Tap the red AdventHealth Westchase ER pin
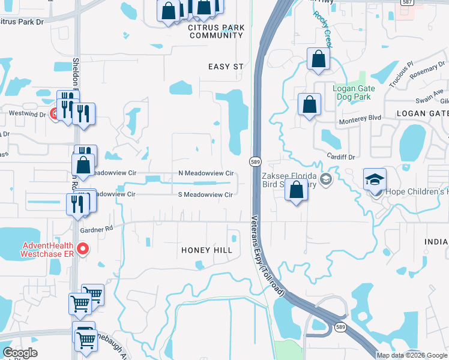[83, 248]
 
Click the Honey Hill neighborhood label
[206, 250]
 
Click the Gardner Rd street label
[96, 229]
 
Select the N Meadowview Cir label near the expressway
[205, 173]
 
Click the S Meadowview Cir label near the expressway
[205, 194]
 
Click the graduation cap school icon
[375, 179]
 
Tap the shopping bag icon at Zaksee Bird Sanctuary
[296, 190]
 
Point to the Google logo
[20, 353]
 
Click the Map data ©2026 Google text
[412, 355]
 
